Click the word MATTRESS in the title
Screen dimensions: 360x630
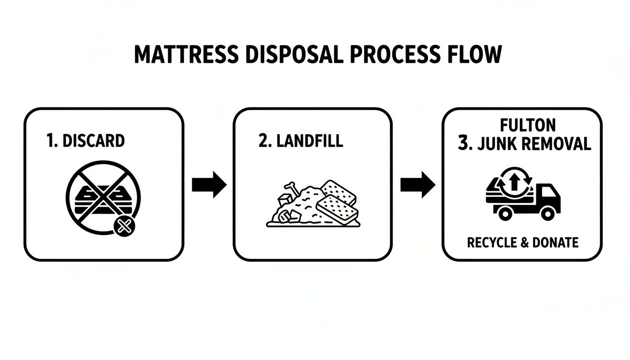[x=186, y=55]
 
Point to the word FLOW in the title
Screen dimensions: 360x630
[x=474, y=55]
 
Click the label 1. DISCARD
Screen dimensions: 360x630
[x=86, y=141]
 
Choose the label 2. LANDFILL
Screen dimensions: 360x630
[x=300, y=141]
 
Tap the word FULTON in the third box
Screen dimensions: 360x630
[x=527, y=125]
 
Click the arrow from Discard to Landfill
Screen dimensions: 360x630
[x=209, y=185]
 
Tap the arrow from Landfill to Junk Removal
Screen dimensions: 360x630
[x=418, y=185]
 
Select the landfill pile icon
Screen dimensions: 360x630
[x=312, y=204]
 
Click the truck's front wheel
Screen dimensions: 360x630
[x=547, y=213]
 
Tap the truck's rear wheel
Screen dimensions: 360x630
[x=505, y=213]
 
